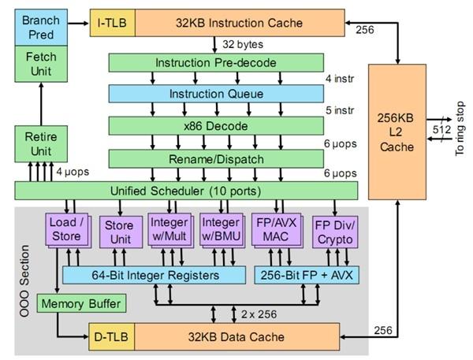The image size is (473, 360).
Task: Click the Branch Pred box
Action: [39, 26]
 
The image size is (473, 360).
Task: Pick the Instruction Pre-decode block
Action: [216, 63]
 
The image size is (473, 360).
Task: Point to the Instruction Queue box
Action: [216, 94]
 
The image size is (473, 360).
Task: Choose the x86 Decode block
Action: [216, 125]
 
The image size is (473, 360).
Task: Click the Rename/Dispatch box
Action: [216, 158]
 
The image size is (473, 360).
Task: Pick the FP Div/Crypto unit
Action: [335, 232]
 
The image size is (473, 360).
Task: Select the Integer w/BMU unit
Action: [221, 230]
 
